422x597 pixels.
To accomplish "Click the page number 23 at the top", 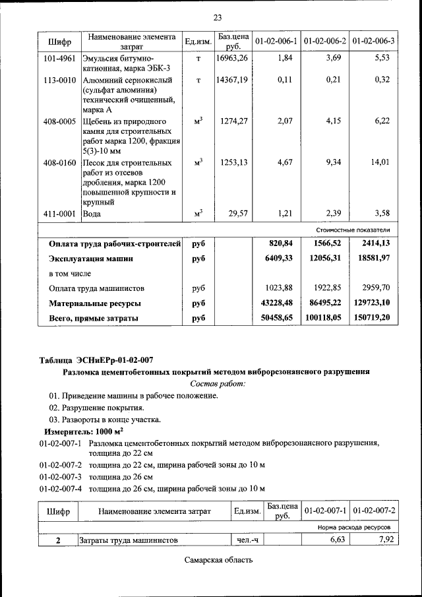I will click(218, 17).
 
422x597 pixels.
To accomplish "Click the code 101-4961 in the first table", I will click(59, 59).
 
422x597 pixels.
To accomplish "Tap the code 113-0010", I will click(59, 80).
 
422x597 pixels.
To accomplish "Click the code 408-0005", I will click(59, 122).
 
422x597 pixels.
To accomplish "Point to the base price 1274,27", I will click(234, 122).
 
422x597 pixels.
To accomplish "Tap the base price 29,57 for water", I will click(237, 214).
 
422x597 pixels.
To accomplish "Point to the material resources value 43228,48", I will click(278, 303).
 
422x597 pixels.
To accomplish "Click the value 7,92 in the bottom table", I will click(384, 540).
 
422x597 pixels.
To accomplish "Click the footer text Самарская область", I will click(218, 560).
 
